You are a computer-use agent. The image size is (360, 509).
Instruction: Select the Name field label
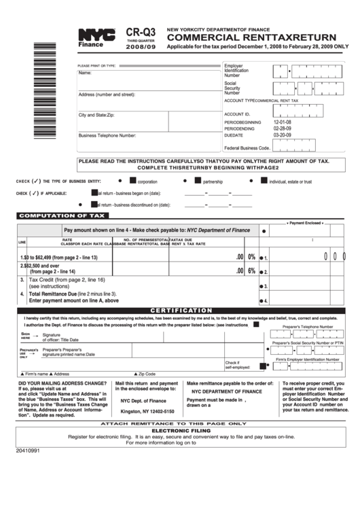point(85,73)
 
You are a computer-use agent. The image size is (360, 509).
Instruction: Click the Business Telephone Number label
point(107,135)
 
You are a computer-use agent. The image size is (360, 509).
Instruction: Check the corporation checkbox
point(132,181)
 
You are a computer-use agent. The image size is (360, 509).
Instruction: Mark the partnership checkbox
point(198,181)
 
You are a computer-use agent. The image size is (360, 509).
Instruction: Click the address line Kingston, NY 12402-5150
point(147,412)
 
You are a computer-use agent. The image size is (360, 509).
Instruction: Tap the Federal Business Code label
point(247,147)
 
